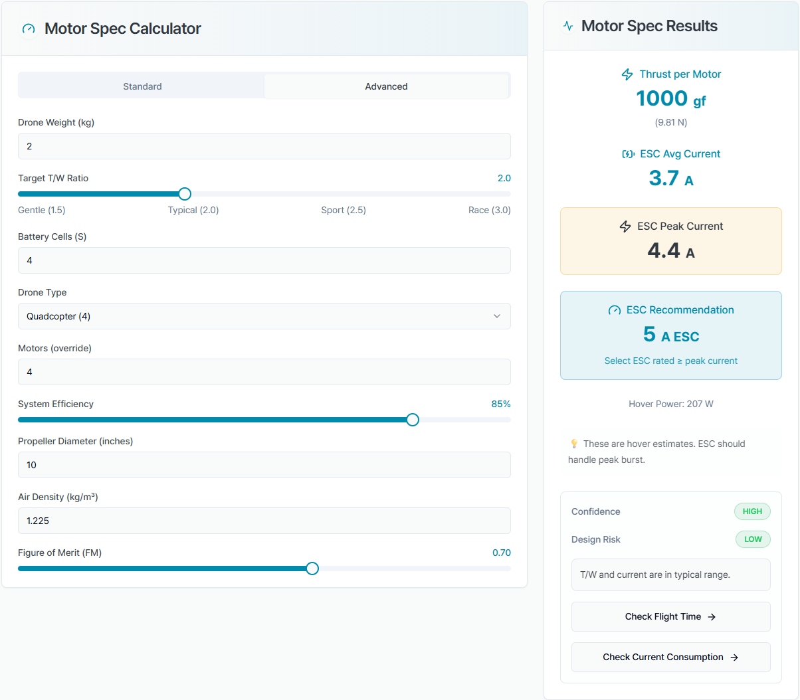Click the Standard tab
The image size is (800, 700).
pyautogui.click(x=142, y=86)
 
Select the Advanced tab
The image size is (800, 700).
pyautogui.click(x=386, y=86)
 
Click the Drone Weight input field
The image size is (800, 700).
pyautogui.click(x=264, y=146)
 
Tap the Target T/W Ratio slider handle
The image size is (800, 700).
pyautogui.click(x=185, y=194)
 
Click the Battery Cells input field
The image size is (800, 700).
pyautogui.click(x=264, y=260)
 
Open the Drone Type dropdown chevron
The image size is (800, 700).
pyautogui.click(x=497, y=316)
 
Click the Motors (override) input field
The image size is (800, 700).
pyautogui.click(x=264, y=372)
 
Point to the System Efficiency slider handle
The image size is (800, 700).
pyautogui.click(x=413, y=420)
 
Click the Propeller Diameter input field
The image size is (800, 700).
pyautogui.click(x=264, y=465)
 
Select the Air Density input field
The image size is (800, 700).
pyautogui.click(x=264, y=521)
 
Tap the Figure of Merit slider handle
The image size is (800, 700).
pyautogui.click(x=312, y=569)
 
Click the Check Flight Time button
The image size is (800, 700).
pyautogui.click(x=671, y=617)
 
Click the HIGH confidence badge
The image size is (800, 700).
pyautogui.click(x=752, y=511)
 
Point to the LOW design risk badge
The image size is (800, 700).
pyautogui.click(x=753, y=539)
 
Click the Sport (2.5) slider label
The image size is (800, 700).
pyautogui.click(x=344, y=211)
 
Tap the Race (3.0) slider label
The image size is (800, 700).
pyautogui.click(x=490, y=211)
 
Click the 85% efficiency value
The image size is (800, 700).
pyautogui.click(x=501, y=404)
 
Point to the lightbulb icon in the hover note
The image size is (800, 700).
pyautogui.click(x=574, y=444)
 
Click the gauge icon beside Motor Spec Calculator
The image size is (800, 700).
pyautogui.click(x=29, y=29)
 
